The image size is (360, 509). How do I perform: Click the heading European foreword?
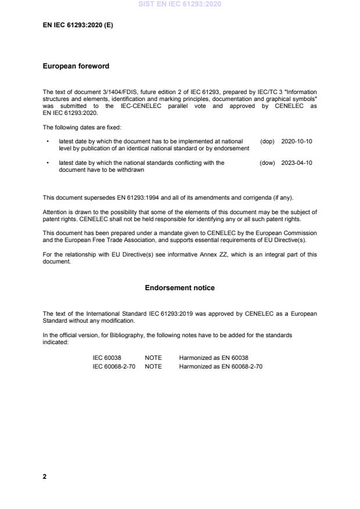75,66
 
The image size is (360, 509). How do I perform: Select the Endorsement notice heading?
180,288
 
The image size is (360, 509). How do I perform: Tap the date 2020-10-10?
297,141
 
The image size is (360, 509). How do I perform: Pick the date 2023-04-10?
297,163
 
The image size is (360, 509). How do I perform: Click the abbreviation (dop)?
267,141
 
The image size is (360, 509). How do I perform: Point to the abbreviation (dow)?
267,163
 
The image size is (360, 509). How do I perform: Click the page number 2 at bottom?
45,476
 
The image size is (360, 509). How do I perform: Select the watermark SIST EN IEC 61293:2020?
180,5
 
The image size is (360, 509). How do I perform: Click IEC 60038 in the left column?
107,358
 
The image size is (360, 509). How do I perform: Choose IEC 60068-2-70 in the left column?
114,366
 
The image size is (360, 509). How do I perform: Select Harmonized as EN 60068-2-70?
221,366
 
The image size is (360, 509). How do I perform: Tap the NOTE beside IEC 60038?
153,358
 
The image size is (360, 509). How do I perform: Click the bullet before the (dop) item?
47,142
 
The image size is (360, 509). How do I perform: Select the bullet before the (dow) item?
47,164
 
